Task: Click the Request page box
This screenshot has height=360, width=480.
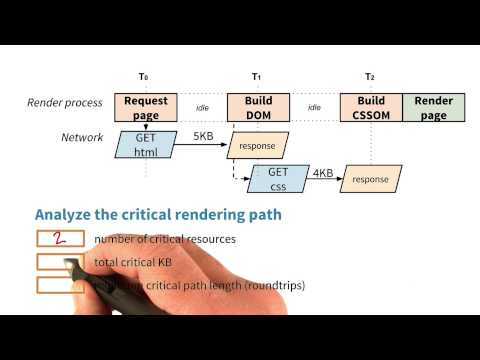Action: (145, 107)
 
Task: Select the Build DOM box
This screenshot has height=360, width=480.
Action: (257, 107)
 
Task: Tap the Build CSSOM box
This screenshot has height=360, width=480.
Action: (370, 107)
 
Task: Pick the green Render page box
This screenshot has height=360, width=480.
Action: (433, 107)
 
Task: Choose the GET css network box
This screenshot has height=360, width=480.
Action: (278, 179)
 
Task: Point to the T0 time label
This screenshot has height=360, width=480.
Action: (144, 77)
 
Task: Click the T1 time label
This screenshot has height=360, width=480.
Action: (257, 77)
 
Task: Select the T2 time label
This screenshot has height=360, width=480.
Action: (370, 77)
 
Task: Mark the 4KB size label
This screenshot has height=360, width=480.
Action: (322, 172)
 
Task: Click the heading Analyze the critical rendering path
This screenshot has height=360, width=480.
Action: (158, 213)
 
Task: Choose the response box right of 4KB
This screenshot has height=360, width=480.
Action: (369, 180)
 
